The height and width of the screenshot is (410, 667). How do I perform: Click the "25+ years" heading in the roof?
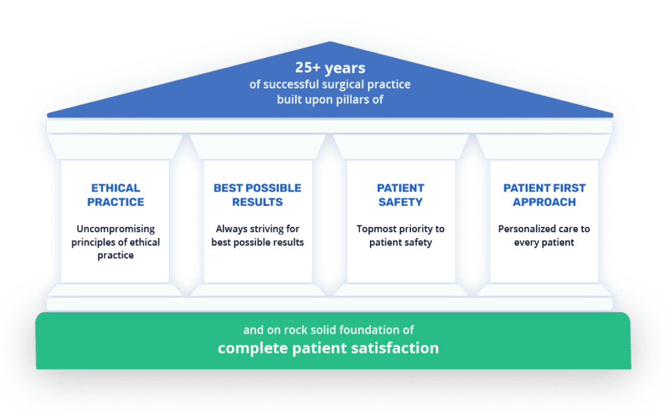coord(330,68)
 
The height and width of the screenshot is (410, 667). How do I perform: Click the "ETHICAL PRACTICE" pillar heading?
coord(116,195)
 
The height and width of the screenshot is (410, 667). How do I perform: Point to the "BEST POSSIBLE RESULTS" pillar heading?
coord(257,195)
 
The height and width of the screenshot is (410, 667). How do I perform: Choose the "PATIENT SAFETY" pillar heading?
coord(401,195)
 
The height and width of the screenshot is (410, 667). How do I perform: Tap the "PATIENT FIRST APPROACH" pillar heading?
coord(544,195)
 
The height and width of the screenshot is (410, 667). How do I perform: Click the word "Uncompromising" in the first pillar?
coord(116,229)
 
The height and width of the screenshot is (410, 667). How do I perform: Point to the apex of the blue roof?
coord(330,41)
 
